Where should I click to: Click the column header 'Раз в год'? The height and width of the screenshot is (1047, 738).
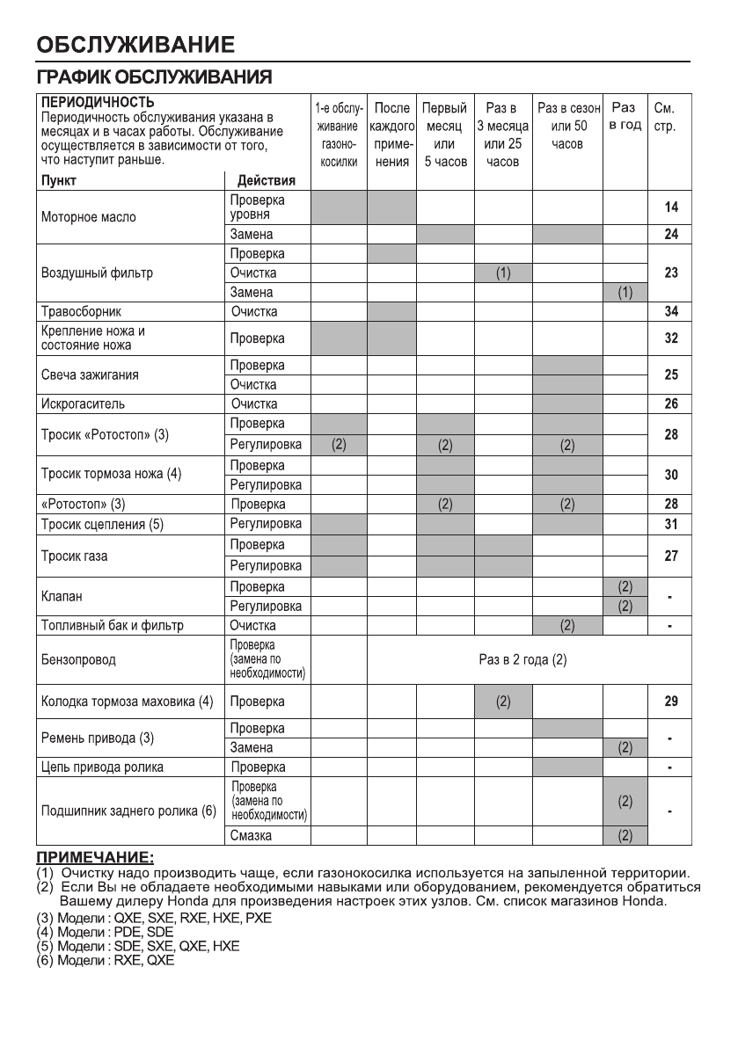coord(625,117)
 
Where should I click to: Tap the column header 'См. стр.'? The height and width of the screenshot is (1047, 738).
coord(664,117)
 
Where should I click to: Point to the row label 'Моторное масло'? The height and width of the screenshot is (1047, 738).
coord(89,216)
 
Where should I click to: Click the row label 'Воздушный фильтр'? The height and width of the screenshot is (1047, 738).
coord(97,273)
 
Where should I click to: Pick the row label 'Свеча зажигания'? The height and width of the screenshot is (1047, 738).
coord(90,375)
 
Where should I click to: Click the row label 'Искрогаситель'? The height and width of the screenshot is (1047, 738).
coord(84,404)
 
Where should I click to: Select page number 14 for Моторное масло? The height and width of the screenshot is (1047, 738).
coord(671,208)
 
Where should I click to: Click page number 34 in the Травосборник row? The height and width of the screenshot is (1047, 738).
coord(671,311)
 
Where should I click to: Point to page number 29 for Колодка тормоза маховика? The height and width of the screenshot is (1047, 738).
coord(671,702)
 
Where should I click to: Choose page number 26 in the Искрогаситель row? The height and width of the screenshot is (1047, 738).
coord(671,404)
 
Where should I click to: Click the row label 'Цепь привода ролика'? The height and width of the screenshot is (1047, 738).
coord(102,767)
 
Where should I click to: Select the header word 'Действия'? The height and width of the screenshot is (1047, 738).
coord(267,181)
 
